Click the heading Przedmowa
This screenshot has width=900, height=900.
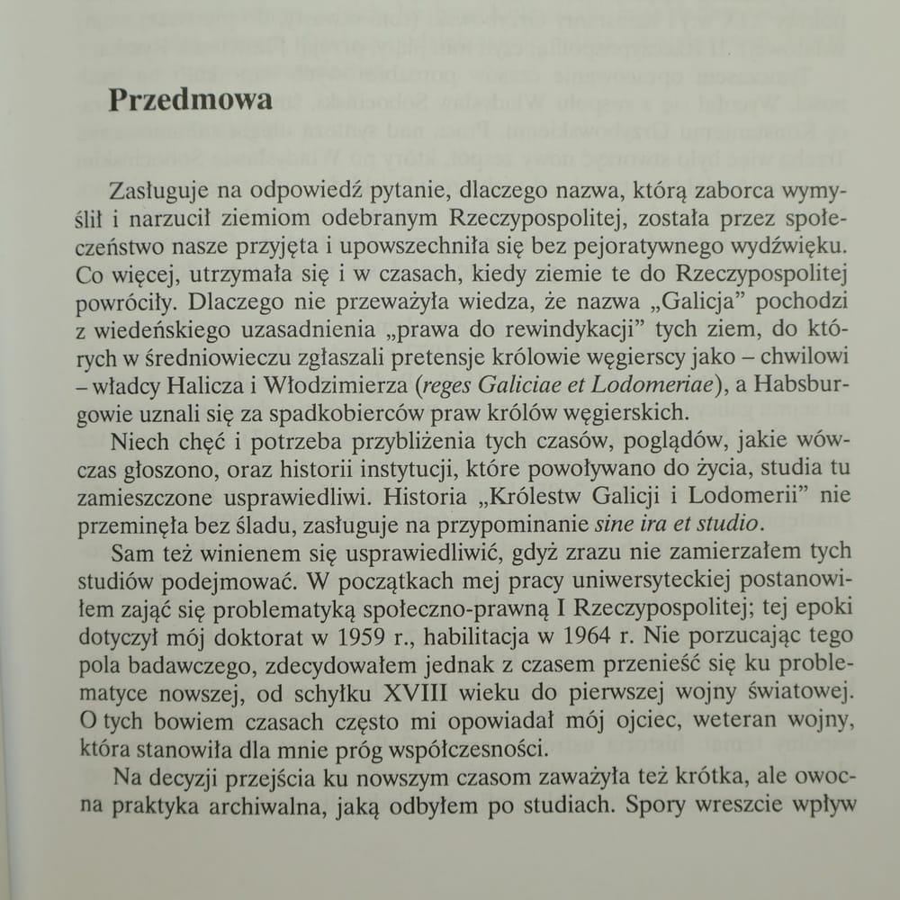(190, 99)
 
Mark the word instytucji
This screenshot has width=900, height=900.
(517, 470)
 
